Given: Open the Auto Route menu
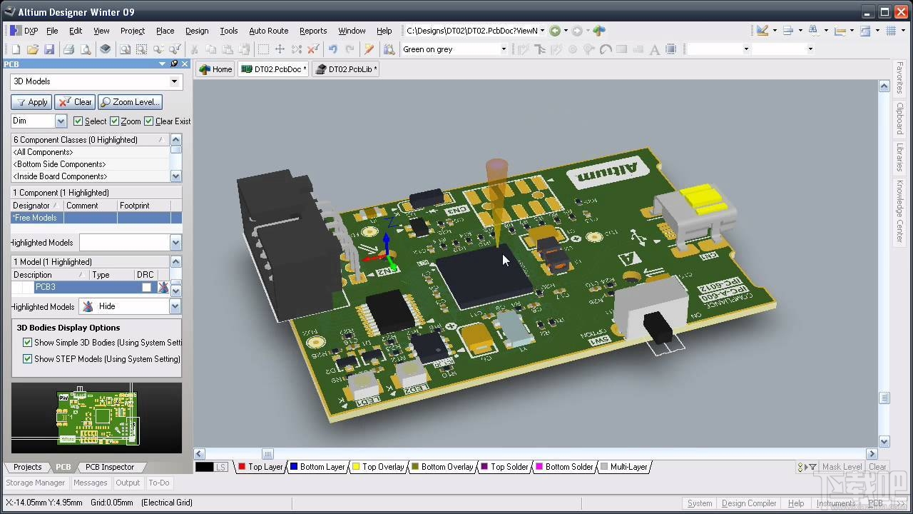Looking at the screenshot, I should tap(268, 31).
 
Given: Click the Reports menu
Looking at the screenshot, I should tap(312, 31).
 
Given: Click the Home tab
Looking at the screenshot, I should tap(215, 69).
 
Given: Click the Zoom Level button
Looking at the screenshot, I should tap(130, 102).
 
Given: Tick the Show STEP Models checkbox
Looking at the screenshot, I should tap(28, 359).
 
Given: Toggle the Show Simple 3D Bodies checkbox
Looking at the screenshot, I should tap(28, 343).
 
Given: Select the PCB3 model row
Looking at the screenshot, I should tap(86, 287).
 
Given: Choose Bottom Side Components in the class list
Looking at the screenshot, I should tap(60, 164).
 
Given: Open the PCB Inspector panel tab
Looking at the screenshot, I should tap(110, 467).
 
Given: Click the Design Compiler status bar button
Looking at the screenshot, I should tap(748, 503).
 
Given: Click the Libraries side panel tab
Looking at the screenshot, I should tap(899, 157).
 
